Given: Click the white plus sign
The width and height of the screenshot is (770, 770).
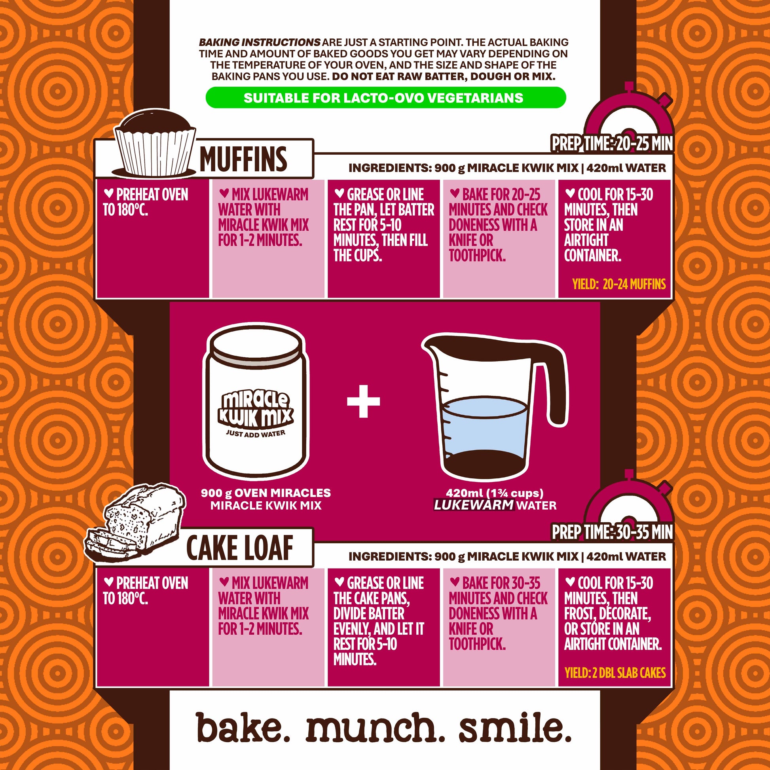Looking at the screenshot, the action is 363,401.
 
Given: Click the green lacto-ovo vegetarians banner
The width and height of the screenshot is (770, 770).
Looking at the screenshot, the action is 386,98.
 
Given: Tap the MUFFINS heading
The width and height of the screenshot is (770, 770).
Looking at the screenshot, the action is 243,159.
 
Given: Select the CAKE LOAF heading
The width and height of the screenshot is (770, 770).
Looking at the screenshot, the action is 239,548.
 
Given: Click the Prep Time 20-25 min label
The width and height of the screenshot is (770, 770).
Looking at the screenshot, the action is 612,144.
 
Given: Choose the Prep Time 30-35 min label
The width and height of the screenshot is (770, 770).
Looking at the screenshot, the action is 612,532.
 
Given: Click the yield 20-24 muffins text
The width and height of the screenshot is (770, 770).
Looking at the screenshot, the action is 619,284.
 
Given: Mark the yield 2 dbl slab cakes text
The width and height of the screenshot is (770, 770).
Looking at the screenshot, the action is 615,673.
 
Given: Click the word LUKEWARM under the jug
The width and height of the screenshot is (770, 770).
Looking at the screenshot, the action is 474,505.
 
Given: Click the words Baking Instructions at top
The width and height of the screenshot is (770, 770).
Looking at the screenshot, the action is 260,42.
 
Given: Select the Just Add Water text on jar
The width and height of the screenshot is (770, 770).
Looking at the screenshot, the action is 256,434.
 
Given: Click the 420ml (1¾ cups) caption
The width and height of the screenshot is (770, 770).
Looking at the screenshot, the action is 495,493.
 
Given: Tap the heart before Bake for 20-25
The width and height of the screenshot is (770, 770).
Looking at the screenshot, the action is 455,193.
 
